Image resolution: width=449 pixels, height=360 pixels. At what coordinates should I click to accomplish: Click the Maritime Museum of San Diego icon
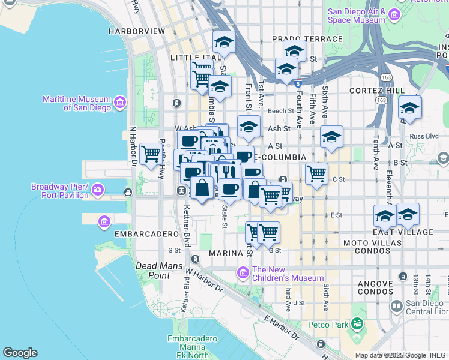[x=120, y=103]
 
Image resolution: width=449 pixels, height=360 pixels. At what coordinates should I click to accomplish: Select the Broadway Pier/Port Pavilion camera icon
[x=98, y=191]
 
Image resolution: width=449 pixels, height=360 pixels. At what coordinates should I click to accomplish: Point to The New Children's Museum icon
[x=243, y=274]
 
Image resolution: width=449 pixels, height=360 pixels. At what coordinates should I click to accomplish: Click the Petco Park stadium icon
[x=357, y=325]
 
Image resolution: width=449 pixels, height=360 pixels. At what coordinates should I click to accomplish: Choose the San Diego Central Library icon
[x=396, y=307]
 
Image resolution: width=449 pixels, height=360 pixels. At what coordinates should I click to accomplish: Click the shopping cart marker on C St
[x=316, y=174]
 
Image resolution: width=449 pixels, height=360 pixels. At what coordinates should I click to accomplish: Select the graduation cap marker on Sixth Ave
[x=331, y=137]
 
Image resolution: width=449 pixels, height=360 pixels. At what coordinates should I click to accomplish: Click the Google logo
[x=20, y=353]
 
